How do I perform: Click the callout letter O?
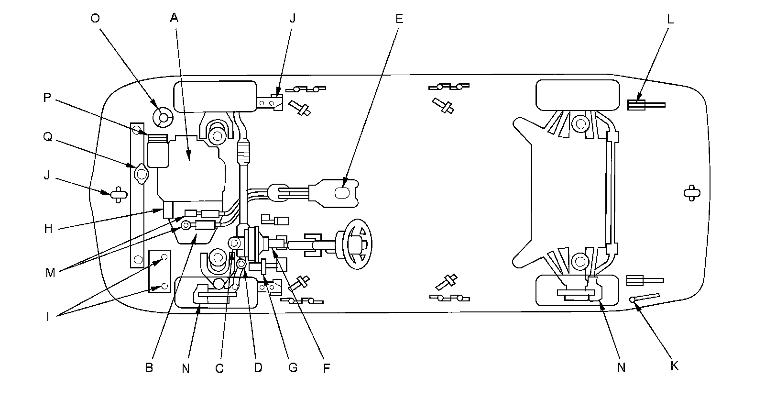(95, 19)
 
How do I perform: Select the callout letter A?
(174, 19)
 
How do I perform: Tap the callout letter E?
(399, 19)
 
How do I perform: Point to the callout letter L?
(670, 19)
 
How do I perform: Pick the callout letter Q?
(47, 137)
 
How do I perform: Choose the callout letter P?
(47, 97)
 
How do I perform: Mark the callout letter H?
(48, 229)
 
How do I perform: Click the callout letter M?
(50, 273)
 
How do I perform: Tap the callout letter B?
(149, 368)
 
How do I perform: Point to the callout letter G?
(293, 368)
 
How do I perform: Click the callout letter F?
(327, 368)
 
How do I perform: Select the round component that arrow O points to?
(162, 117)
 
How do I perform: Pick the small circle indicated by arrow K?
(633, 300)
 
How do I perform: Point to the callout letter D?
(258, 368)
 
